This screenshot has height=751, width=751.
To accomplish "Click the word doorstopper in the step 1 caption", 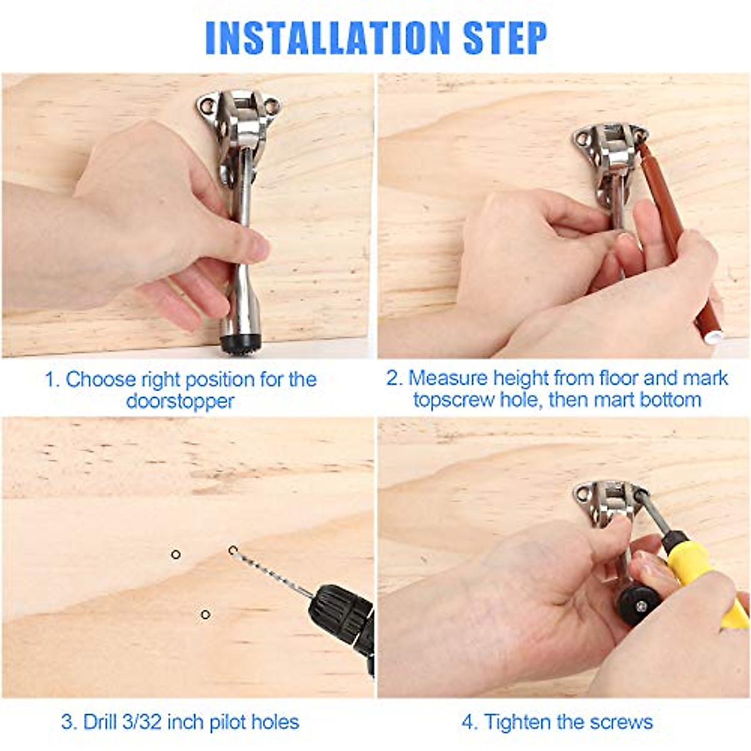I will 180,401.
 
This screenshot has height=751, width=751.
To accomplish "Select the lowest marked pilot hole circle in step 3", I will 205,615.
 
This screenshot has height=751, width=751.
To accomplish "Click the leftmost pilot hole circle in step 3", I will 176,554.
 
